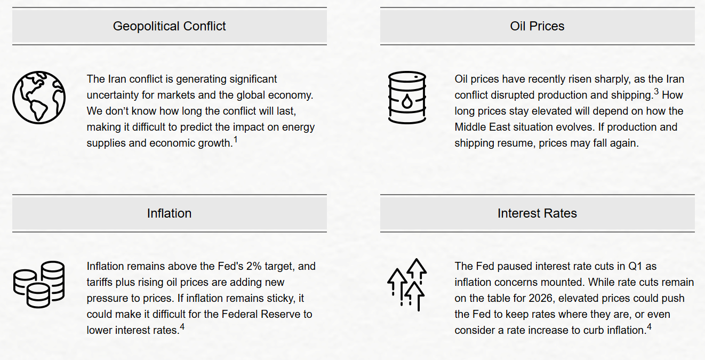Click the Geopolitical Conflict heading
click(x=170, y=26)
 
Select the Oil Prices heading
click(x=537, y=26)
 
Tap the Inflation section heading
click(x=170, y=213)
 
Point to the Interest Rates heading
click(x=537, y=213)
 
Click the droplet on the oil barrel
click(x=407, y=101)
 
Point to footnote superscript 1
click(x=235, y=140)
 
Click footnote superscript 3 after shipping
click(x=656, y=92)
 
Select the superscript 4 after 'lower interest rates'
click(x=182, y=327)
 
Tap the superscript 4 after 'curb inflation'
click(x=649, y=327)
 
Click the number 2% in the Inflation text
click(x=254, y=266)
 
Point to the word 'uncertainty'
click(x=113, y=95)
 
